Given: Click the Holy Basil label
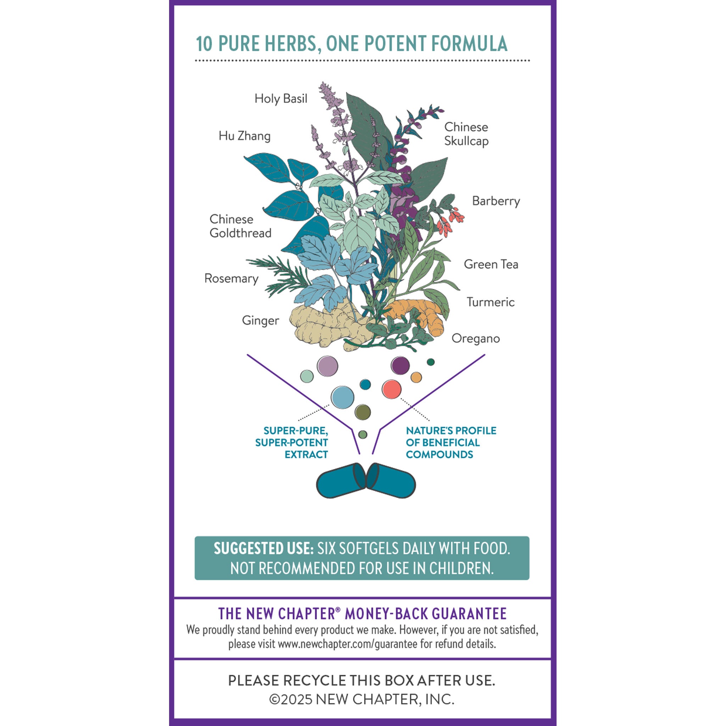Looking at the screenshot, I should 281,99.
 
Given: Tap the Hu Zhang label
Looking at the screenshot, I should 244,136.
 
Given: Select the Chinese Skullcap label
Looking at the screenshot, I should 466,134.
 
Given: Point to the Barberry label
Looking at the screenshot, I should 496,201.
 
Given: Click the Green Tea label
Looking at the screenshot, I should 491,264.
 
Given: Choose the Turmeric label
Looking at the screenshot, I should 490,302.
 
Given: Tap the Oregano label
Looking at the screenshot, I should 475,339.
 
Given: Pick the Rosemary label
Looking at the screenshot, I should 231,278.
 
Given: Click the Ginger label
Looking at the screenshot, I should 260,320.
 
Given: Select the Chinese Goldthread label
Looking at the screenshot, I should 240,226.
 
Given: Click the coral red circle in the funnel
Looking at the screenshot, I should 391,389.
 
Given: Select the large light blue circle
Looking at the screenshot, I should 342,397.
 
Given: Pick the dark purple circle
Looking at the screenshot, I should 400,365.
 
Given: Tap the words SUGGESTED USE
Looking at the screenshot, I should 263,549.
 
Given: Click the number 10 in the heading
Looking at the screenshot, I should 204,44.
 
